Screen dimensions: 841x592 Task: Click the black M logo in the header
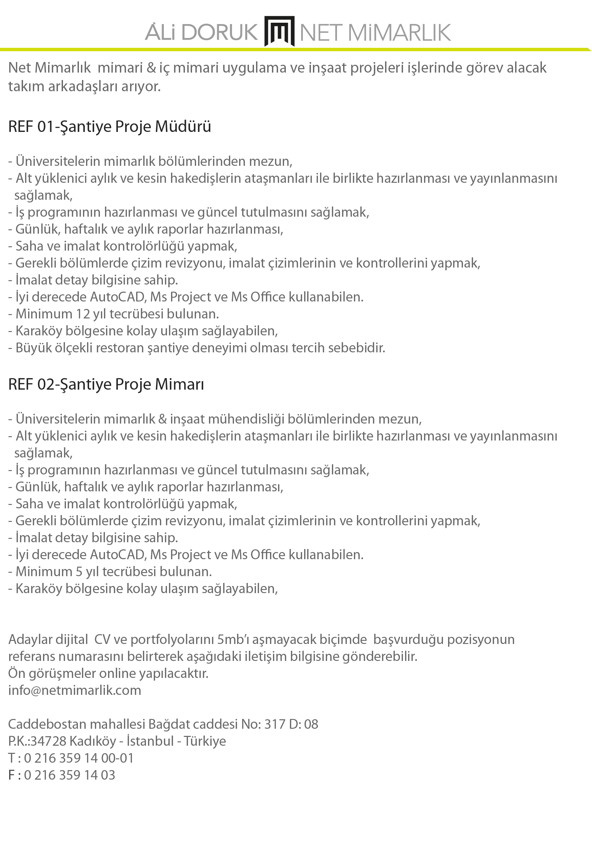(x=279, y=31)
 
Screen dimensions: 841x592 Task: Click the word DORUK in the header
(x=219, y=32)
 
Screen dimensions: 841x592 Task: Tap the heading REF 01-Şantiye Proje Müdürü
(x=109, y=127)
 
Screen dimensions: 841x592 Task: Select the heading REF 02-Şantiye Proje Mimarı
(x=106, y=384)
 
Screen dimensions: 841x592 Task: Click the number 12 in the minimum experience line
(x=83, y=314)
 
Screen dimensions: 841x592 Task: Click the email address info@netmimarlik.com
(x=75, y=690)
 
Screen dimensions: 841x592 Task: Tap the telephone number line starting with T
(x=71, y=758)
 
